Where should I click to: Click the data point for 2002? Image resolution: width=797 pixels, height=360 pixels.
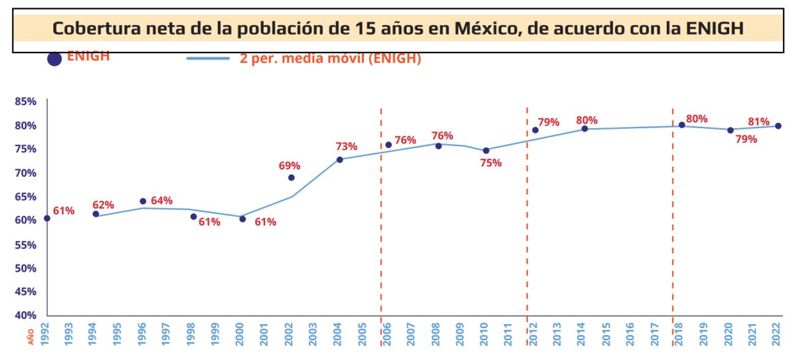pos(291,177)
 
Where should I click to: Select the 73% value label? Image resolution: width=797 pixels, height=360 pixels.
pos(347,146)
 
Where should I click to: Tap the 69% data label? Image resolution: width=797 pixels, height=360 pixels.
pos(290,165)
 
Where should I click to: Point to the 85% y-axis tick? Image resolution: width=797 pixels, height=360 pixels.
pos(25,102)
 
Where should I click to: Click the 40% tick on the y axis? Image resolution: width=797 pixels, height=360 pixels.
pos(25,315)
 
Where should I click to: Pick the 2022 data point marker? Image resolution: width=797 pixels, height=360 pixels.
pos(778,126)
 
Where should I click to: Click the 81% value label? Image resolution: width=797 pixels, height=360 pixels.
pos(758,122)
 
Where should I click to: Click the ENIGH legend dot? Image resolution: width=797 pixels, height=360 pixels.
pos(54,58)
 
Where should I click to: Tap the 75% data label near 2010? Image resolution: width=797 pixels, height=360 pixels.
pos(491,163)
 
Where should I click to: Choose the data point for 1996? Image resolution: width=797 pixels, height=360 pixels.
pos(143,201)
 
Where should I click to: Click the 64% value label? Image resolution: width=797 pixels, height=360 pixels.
pos(161,201)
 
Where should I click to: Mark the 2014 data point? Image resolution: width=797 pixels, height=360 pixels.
pos(584,129)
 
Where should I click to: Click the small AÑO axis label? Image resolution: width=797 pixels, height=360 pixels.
pos(31,337)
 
